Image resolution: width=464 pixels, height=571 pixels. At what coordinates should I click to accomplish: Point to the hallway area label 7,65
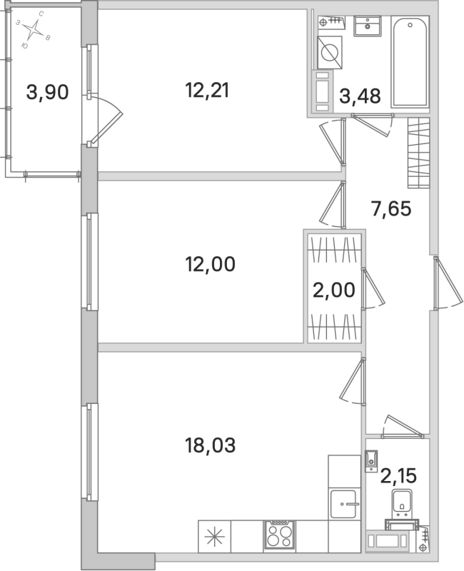393,210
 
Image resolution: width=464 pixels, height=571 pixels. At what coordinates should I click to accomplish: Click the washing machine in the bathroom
331,52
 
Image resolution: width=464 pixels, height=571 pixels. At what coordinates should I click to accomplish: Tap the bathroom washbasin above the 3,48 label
370,28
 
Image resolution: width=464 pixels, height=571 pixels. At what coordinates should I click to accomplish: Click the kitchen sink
346,505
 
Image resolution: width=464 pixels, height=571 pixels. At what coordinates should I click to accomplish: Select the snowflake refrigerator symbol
214,535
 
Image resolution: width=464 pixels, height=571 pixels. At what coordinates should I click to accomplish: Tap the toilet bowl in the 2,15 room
403,505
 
